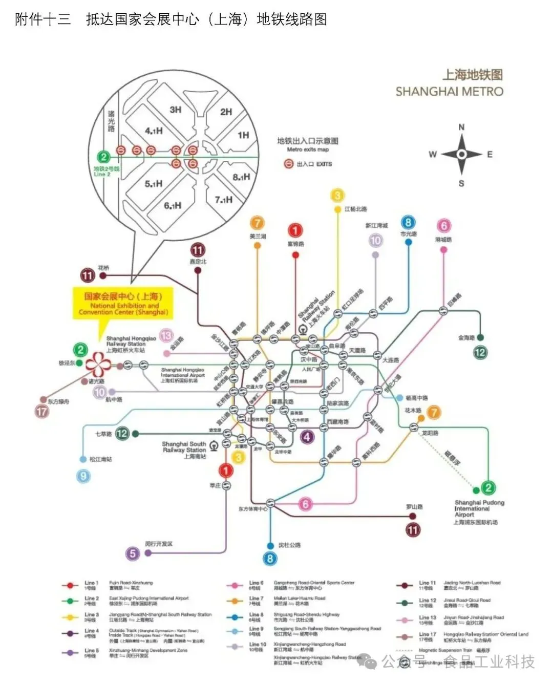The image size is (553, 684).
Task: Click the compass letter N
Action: point(461,127)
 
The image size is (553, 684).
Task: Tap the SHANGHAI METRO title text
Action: point(449,92)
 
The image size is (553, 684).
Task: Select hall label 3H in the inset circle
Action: point(176,110)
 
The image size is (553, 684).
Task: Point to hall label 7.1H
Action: point(224,199)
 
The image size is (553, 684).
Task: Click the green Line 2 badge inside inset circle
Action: point(104,157)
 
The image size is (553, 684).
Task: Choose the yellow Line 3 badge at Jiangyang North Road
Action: point(337,196)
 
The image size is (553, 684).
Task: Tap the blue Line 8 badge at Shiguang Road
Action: point(408,222)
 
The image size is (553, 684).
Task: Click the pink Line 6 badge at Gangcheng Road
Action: point(443,226)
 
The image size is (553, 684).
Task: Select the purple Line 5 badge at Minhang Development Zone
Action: point(133,553)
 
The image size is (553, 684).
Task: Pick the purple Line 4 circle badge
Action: point(307,437)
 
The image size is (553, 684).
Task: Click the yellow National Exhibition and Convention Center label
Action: point(123,304)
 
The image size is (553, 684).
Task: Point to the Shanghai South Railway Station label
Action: point(184,450)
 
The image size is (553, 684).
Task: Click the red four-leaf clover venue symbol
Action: point(98,365)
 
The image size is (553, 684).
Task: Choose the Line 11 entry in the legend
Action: point(427,585)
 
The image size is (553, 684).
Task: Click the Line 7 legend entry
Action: point(256,601)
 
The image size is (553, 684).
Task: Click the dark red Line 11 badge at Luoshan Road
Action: point(413,530)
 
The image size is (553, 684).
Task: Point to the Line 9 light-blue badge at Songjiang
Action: point(83,477)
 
